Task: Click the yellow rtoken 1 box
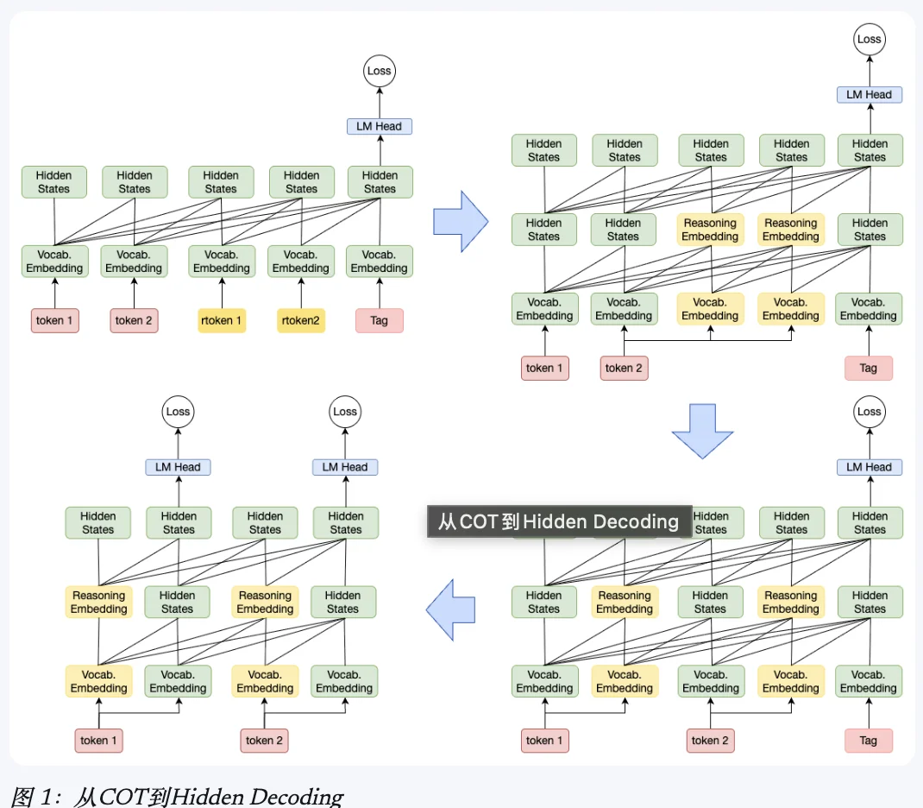pyautogui.click(x=222, y=320)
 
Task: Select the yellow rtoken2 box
pyautogui.click(x=301, y=320)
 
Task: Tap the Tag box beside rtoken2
pyautogui.click(x=379, y=320)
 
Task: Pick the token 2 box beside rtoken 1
pyautogui.click(x=134, y=320)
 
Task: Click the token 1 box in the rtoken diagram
pyautogui.click(x=54, y=320)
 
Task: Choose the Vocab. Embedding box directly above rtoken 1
pyautogui.click(x=222, y=261)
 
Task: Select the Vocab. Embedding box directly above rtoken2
pyautogui.click(x=300, y=261)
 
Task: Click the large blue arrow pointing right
pyautogui.click(x=461, y=222)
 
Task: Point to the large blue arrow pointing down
pyautogui.click(x=702, y=431)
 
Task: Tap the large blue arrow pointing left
pyautogui.click(x=450, y=610)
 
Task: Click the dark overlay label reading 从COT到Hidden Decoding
pyautogui.click(x=559, y=521)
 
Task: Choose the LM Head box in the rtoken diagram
pyautogui.click(x=379, y=126)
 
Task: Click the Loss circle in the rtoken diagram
pyautogui.click(x=379, y=72)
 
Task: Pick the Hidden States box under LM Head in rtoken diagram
pyautogui.click(x=380, y=182)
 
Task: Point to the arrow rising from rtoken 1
pyautogui.click(x=222, y=293)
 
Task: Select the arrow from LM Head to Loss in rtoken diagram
pyautogui.click(x=379, y=103)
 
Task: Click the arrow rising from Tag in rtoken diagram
pyautogui.click(x=379, y=293)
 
